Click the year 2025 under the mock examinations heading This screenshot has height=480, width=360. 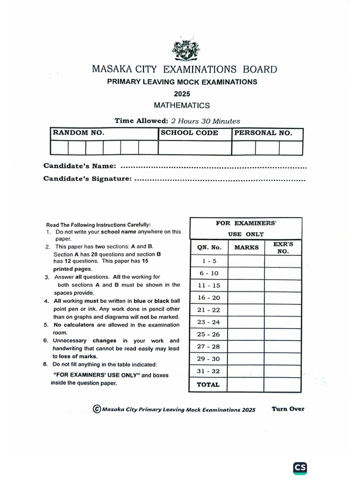[x=182, y=94]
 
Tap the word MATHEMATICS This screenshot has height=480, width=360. [x=182, y=105]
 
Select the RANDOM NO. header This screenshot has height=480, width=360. [x=78, y=133]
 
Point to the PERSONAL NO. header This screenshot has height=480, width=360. [x=263, y=133]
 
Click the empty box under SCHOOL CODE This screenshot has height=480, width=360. [x=195, y=148]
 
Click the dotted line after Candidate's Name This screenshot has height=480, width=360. [x=213, y=166]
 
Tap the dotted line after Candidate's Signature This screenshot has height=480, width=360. [x=220, y=179]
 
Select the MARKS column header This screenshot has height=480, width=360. [x=246, y=247]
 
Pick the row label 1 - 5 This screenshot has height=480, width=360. [x=209, y=261]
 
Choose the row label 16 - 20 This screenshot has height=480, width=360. [x=209, y=298]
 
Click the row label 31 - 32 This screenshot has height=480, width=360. [x=209, y=371]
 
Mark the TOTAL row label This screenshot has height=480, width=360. [x=208, y=385]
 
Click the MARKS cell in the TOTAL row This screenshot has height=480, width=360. [x=246, y=385]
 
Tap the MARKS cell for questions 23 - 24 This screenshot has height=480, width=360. [x=246, y=322]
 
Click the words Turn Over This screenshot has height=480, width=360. [x=288, y=409]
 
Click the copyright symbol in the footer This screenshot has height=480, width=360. [x=97, y=409]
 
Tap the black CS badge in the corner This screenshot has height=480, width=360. [x=300, y=468]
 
